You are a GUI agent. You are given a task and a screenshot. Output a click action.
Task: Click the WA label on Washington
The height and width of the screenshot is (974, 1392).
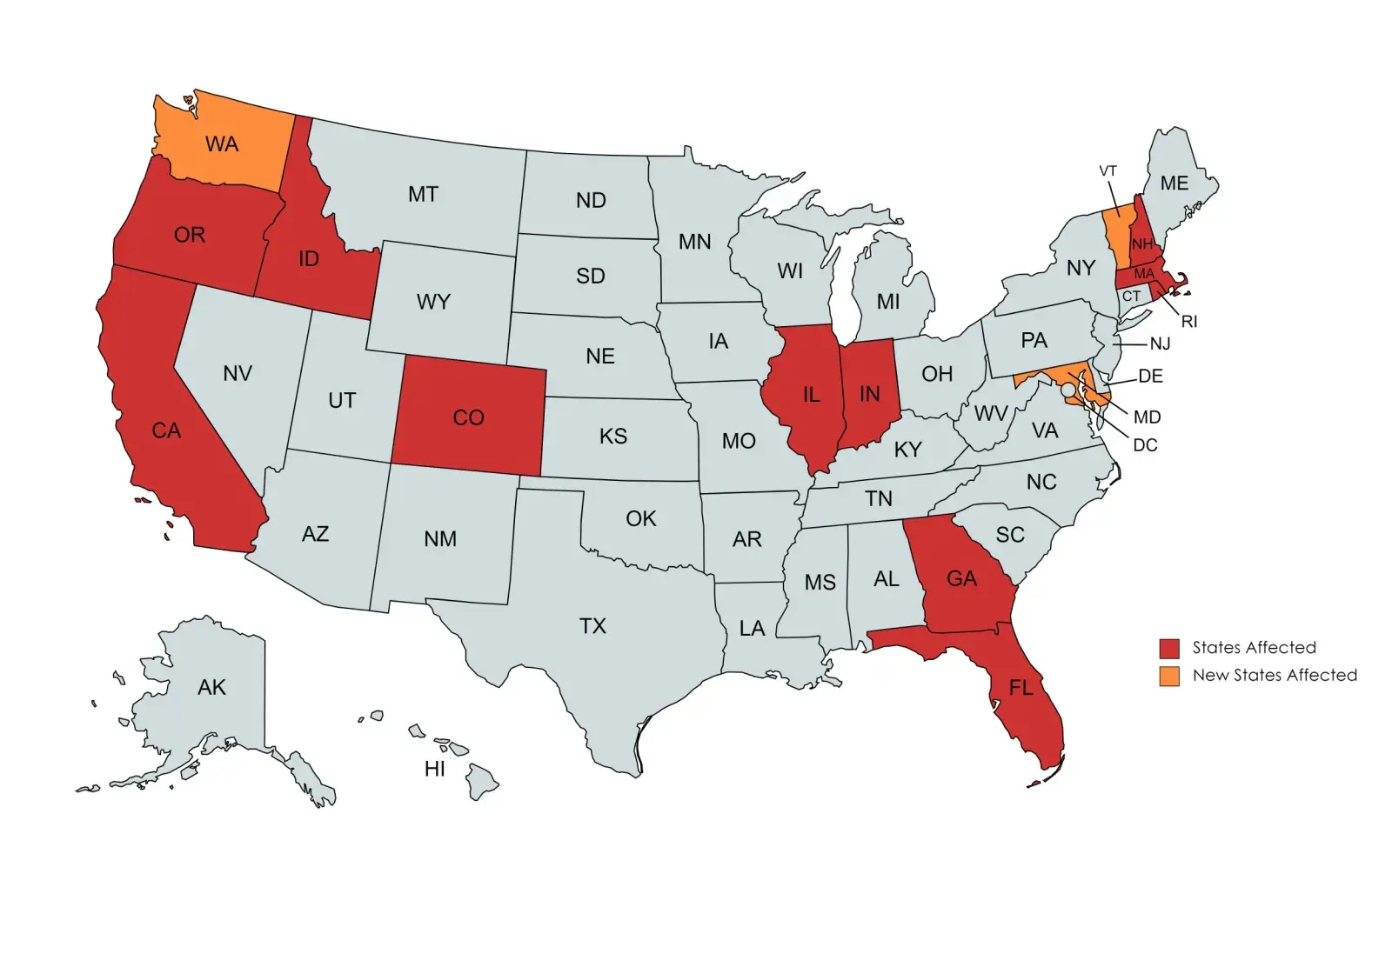click(222, 144)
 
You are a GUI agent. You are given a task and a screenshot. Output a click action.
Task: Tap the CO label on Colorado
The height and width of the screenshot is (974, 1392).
click(468, 418)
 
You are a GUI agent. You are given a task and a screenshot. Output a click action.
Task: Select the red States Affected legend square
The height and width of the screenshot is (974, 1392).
click(1169, 648)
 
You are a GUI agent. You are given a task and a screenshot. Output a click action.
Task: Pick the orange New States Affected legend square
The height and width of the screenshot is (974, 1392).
click(1169, 676)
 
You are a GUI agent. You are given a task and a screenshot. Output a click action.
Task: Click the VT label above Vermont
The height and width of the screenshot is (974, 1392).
click(1108, 171)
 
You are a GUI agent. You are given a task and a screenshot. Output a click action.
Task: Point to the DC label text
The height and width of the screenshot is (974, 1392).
click(1145, 445)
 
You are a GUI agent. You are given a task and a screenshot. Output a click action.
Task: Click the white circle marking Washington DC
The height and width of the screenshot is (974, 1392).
click(1068, 390)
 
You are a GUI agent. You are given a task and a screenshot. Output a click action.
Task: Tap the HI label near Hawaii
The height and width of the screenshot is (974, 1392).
click(434, 769)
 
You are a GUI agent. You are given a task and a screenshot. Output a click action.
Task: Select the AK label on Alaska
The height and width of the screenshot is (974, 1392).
click(211, 688)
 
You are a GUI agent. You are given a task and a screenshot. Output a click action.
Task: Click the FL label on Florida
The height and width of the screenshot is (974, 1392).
click(1021, 688)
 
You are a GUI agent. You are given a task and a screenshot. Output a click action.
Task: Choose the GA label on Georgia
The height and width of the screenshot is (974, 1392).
click(961, 579)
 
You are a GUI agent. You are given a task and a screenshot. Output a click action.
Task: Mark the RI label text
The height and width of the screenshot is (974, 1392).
click(1188, 322)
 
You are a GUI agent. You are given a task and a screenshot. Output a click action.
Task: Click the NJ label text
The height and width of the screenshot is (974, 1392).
click(1160, 344)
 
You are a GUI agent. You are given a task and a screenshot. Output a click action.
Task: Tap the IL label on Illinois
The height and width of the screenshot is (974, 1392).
click(811, 396)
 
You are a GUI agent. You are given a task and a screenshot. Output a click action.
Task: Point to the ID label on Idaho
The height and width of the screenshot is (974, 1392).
click(309, 259)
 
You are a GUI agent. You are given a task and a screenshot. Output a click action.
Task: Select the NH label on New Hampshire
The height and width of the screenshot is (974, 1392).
click(1141, 244)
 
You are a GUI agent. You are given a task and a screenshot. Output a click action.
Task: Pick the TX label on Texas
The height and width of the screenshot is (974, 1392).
click(592, 626)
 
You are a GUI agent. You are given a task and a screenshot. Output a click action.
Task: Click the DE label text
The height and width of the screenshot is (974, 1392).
click(1150, 377)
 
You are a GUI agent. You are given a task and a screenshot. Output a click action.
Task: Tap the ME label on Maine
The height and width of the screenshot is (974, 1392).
click(1174, 183)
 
